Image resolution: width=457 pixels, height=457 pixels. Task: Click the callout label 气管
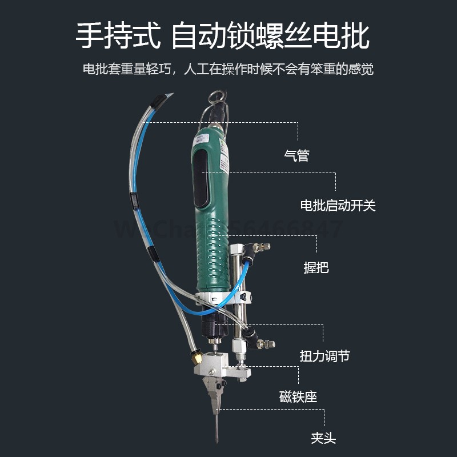[296, 155]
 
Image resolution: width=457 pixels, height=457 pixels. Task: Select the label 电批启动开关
[338, 205]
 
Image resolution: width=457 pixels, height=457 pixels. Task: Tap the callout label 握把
[316, 267]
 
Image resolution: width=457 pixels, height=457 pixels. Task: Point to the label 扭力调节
[324, 356]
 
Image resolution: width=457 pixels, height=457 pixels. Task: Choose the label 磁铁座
[298, 396]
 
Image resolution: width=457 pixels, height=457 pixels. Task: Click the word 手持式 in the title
[118, 35]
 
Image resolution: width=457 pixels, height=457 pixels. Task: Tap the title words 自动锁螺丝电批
[270, 35]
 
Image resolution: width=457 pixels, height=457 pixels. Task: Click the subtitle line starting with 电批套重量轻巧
[228, 70]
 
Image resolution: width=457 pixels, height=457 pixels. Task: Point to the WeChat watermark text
[228, 230]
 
